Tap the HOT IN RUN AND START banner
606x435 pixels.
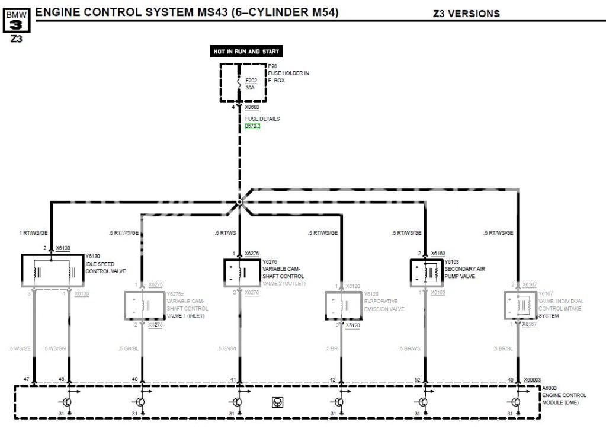[246, 52]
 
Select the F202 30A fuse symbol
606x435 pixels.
[239, 84]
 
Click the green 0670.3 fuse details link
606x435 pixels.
[253, 126]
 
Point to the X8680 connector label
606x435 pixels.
[252, 108]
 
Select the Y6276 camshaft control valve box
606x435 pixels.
[240, 273]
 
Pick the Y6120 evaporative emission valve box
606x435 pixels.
[342, 305]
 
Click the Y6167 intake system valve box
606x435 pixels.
[518, 305]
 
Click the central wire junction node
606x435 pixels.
[239, 202]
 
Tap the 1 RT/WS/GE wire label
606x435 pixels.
[34, 233]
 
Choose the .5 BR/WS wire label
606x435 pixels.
[411, 348]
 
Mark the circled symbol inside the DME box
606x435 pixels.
[277, 402]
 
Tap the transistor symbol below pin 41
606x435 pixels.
[237, 402]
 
